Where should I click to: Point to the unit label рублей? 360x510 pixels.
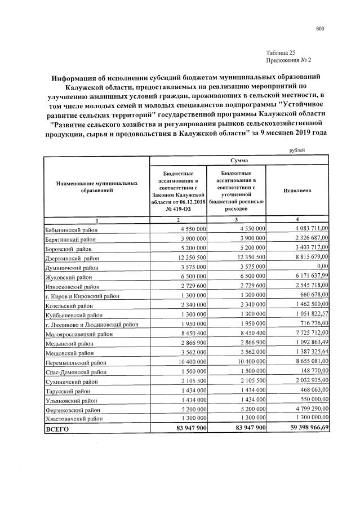pos(297,150)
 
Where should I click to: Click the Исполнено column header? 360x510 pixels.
pos(297,191)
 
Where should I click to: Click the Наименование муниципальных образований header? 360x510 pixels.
pos(96,188)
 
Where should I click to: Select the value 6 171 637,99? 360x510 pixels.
pos(309,277)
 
